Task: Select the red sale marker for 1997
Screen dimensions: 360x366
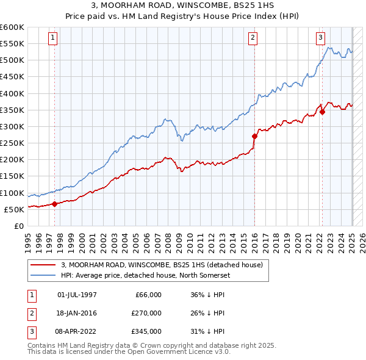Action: point(54,204)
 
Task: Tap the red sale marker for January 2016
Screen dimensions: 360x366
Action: point(254,136)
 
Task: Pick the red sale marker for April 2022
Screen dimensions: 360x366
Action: point(322,112)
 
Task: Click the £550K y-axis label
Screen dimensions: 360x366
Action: point(12,44)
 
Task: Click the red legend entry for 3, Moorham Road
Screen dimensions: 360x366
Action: point(162,265)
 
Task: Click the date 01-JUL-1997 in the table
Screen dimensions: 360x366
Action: point(77,295)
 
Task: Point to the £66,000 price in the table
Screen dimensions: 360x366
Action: point(147,295)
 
